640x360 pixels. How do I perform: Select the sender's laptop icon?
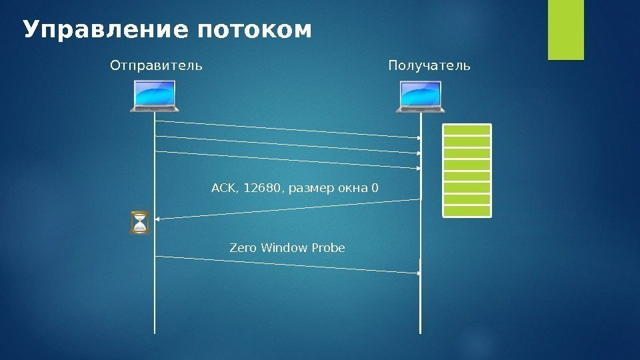[155, 96]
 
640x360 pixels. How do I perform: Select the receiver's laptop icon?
[421, 96]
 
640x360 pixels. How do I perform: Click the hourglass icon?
[140, 223]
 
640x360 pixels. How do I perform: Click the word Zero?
[243, 248]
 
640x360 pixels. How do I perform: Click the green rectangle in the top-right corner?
[566, 29]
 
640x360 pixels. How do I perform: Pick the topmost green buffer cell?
[467, 130]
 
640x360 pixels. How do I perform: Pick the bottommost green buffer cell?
[467, 211]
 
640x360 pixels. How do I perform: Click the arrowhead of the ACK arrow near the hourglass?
[157, 218]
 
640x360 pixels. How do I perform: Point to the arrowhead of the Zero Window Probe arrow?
[419, 273]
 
